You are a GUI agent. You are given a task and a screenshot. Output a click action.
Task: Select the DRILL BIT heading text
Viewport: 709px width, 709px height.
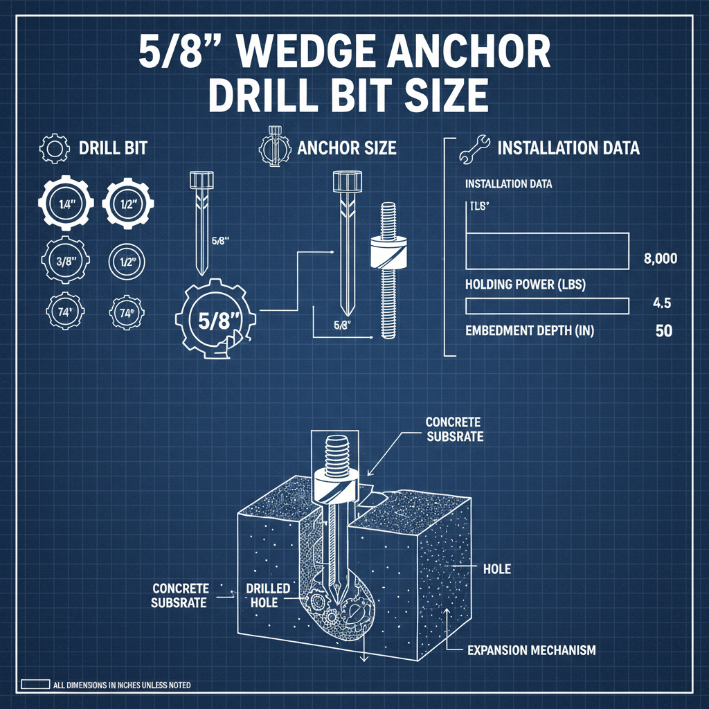click(113, 148)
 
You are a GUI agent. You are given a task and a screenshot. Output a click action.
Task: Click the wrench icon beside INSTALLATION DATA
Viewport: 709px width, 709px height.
click(472, 148)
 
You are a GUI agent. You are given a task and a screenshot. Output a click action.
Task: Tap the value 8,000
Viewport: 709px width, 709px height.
click(660, 260)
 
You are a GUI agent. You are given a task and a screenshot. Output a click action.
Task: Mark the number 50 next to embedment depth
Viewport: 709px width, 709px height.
click(663, 331)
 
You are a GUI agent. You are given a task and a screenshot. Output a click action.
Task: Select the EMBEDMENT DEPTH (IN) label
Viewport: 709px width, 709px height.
click(529, 332)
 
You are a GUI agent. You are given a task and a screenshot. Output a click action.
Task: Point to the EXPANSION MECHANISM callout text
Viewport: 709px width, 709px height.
click(531, 650)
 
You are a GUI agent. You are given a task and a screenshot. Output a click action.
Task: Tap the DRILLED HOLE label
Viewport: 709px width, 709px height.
click(268, 595)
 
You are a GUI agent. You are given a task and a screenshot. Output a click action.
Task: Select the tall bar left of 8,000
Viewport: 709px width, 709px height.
click(547, 251)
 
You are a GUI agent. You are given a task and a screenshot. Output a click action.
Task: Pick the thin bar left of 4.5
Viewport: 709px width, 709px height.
click(547, 305)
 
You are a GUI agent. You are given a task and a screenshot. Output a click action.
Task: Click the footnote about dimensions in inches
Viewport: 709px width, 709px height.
click(121, 685)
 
